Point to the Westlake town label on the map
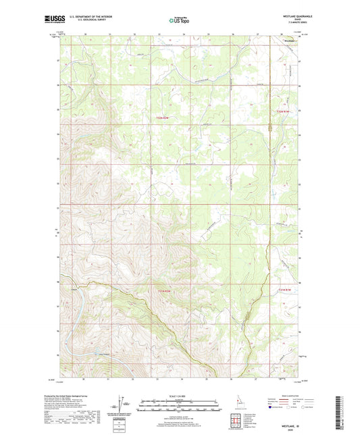point(288,41)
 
